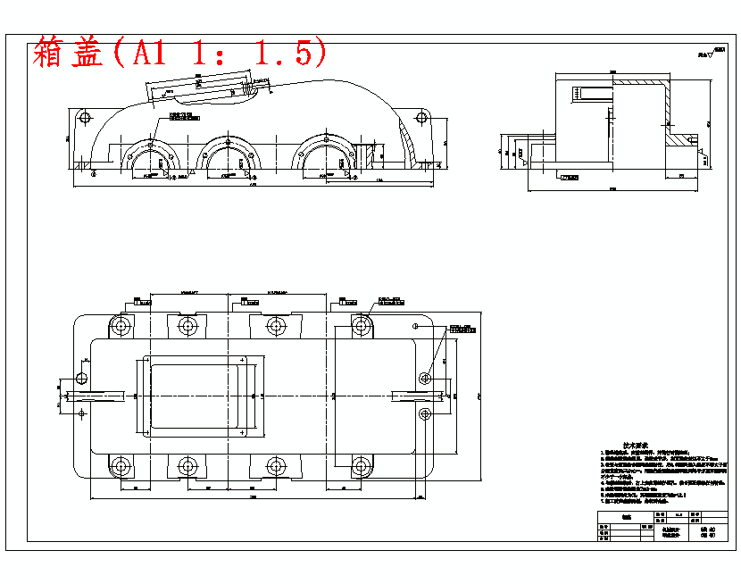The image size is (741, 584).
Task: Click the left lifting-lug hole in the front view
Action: pyautogui.click(x=84, y=118)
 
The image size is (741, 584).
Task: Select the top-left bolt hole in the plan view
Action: pyautogui.click(x=119, y=326)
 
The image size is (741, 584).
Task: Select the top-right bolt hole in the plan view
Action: pyautogui.click(x=362, y=325)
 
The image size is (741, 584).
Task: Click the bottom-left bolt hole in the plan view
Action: pyautogui.click(x=120, y=465)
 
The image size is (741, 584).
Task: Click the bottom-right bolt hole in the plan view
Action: pyautogui.click(x=361, y=465)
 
